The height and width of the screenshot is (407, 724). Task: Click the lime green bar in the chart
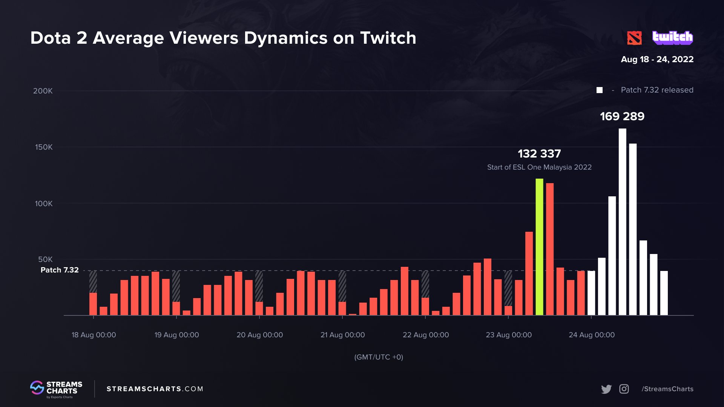click(x=539, y=247)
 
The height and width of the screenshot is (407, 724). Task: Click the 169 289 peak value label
click(x=622, y=116)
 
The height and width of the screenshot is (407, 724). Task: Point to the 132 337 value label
click(x=539, y=153)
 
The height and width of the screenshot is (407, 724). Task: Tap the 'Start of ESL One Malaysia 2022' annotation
click(x=539, y=167)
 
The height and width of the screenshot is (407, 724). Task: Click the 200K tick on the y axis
click(x=43, y=91)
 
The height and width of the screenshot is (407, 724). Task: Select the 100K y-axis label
click(x=44, y=203)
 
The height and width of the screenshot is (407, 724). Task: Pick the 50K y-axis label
click(x=45, y=259)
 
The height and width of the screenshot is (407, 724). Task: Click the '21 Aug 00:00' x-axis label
click(x=342, y=335)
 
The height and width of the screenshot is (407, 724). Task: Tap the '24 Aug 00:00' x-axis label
click(x=591, y=335)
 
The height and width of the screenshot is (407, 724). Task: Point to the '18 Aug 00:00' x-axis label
click(x=94, y=335)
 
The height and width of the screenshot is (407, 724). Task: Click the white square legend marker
click(x=600, y=90)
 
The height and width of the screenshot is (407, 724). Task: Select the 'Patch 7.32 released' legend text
click(x=657, y=90)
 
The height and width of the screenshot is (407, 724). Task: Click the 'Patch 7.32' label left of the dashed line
click(x=60, y=270)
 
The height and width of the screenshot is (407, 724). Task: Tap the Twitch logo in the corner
click(x=673, y=38)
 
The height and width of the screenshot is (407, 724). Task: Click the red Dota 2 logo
click(x=634, y=38)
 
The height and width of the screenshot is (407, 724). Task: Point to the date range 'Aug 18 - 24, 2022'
click(x=657, y=59)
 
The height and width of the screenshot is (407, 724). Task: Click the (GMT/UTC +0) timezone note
click(x=379, y=357)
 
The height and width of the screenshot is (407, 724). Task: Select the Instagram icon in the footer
click(x=624, y=389)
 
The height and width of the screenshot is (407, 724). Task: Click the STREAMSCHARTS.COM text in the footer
click(x=155, y=389)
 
